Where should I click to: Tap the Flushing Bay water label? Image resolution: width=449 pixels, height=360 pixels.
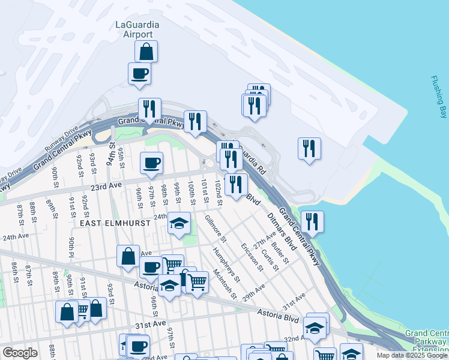point(439,97)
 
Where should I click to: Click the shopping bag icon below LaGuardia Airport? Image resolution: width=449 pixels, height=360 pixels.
point(146,52)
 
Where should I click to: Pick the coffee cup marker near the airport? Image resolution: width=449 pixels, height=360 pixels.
point(139,74)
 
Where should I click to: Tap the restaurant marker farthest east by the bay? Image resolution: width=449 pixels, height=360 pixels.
point(309,149)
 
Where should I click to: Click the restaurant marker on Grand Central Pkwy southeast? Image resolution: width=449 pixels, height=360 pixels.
point(312,222)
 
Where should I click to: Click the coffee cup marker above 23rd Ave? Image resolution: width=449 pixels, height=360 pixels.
point(151,163)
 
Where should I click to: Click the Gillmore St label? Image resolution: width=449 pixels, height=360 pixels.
point(215,229)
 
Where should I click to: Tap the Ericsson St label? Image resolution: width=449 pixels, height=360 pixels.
point(252,256)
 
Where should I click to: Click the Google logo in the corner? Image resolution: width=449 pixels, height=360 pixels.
point(20,353)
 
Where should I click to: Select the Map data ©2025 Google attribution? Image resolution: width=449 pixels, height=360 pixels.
point(412,355)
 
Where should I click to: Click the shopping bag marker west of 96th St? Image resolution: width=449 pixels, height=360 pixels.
point(128,256)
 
